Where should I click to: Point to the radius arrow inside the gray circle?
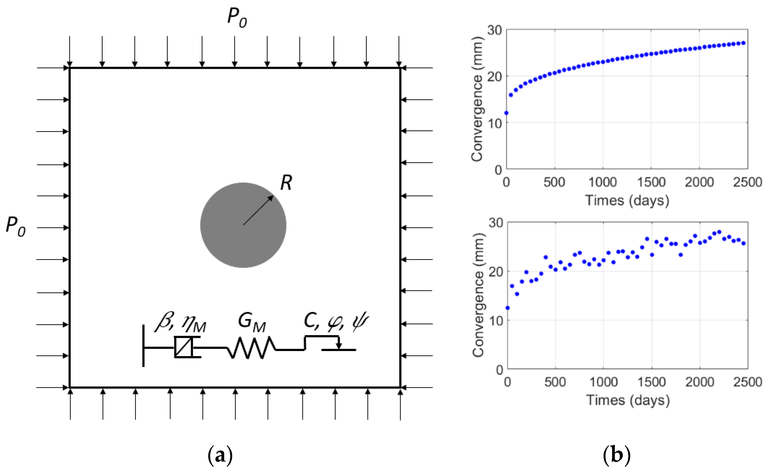258,210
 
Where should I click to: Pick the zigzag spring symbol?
251,348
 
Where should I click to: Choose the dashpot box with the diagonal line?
183,347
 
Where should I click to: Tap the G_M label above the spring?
251,322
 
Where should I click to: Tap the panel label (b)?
616,455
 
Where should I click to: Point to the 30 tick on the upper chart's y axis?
494,30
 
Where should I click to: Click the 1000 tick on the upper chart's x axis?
602,182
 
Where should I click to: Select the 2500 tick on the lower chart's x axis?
747,382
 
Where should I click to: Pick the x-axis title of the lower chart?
628,400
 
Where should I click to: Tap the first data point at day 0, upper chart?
506,113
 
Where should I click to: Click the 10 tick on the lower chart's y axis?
496,321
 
